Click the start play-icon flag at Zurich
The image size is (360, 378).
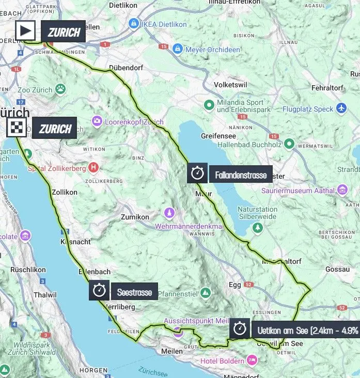[25, 31]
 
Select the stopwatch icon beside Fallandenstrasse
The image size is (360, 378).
[197, 173]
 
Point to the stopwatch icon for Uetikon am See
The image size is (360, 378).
[239, 327]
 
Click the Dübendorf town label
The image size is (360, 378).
[126, 68]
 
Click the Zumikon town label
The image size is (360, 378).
[135, 217]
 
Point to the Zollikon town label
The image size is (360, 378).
[65, 192]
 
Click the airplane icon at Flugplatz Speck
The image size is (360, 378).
[341, 108]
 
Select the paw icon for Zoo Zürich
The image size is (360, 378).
[61, 89]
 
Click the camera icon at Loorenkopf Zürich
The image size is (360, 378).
[97, 121]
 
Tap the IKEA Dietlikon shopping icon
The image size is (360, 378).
[133, 23]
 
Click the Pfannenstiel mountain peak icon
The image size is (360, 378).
[206, 293]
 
